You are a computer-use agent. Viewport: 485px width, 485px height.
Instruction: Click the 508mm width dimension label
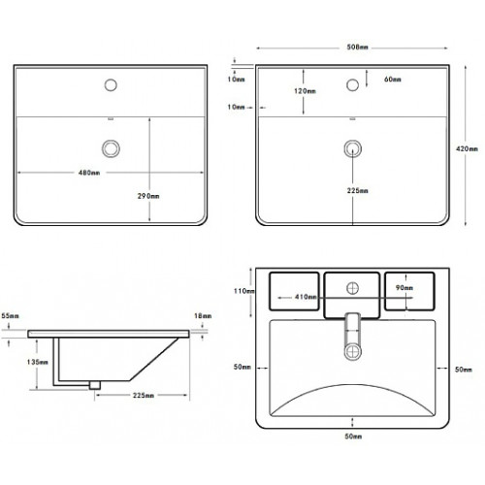point(357,48)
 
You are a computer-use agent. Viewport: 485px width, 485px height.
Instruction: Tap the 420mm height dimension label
point(467,148)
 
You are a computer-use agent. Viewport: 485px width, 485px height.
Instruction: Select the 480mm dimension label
point(89,173)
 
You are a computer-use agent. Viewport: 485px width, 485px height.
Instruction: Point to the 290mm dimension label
point(148,196)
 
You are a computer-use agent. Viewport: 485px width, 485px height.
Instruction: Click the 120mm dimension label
point(305,91)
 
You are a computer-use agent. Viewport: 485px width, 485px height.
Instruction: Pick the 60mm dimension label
point(393,80)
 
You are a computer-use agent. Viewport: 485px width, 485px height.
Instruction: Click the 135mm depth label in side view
point(38,362)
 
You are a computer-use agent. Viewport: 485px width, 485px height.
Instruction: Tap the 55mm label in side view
point(11,315)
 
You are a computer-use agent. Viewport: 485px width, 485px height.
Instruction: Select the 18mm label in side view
point(203,315)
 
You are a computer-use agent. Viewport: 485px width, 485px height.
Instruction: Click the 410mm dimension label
point(306,297)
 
